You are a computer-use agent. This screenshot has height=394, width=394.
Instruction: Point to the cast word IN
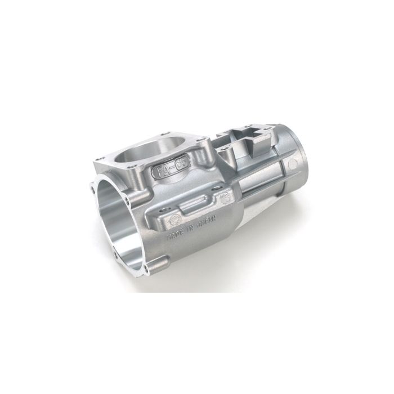pyautogui.click(x=190, y=231)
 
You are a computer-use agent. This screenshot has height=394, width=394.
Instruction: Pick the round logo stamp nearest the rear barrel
pyautogui.click(x=227, y=197)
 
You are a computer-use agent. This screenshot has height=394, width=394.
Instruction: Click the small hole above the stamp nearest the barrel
pyautogui.click(x=224, y=189)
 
